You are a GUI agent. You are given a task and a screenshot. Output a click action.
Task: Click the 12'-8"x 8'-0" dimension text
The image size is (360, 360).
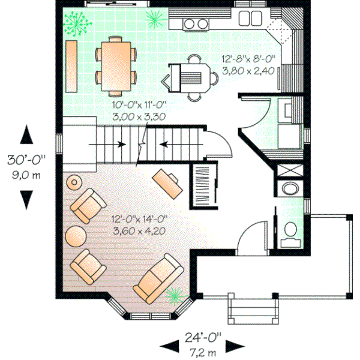pyautogui.click(x=248, y=59)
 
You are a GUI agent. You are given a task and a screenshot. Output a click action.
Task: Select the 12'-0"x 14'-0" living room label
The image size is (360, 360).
pyautogui.click(x=139, y=219)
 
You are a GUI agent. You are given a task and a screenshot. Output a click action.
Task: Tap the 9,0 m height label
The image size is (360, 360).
pyautogui.click(x=27, y=176)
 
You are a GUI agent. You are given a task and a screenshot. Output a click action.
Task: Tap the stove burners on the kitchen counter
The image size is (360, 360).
pyautogui.click(x=193, y=23)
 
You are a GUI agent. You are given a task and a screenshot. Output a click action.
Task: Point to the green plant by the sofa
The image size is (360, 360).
pyautogui.click(x=175, y=293)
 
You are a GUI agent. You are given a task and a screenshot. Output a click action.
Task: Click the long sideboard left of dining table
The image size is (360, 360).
pyautogui.click(x=72, y=66)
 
